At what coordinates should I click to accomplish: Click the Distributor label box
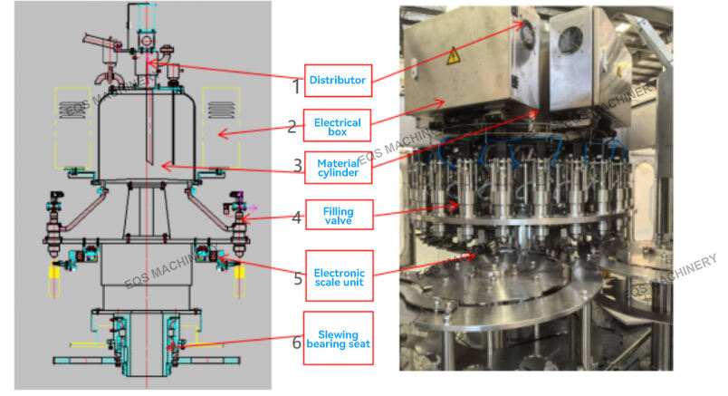pyautogui.click(x=337, y=80)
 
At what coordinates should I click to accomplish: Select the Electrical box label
pyautogui.click(x=337, y=128)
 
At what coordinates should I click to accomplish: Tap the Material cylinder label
pyautogui.click(x=337, y=168)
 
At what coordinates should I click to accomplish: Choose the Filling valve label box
pyautogui.click(x=337, y=216)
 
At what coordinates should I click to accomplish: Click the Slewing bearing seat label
pyautogui.click(x=337, y=339)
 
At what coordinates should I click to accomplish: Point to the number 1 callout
pyautogui.click(x=295, y=87)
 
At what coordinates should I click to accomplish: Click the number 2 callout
pyautogui.click(x=292, y=128)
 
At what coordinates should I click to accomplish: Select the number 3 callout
pyautogui.click(x=296, y=167)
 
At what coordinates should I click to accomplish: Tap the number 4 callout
pyautogui.click(x=296, y=217)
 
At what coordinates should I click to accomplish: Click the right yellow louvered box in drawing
pyautogui.click(x=220, y=127)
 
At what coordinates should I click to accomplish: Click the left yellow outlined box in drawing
pyautogui.click(x=72, y=127)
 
